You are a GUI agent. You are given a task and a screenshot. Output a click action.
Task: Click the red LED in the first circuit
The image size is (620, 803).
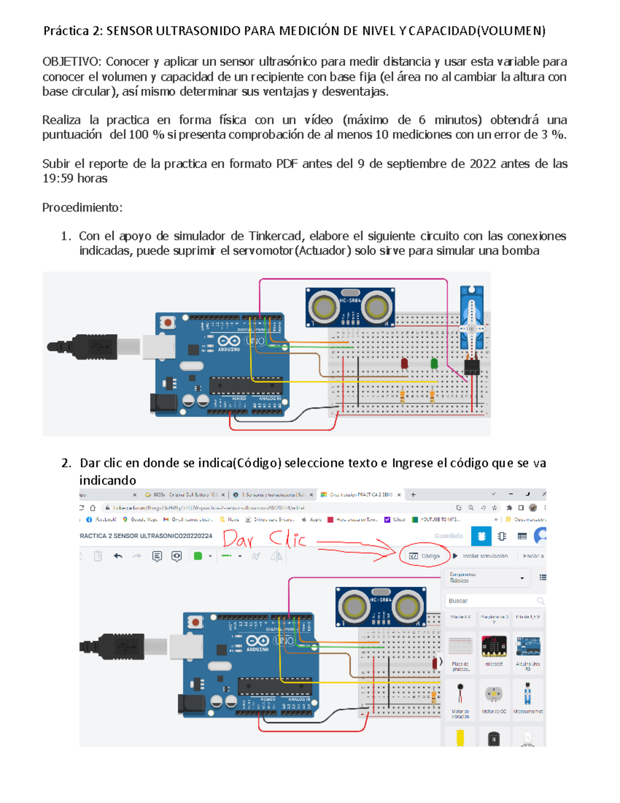pos(405,364)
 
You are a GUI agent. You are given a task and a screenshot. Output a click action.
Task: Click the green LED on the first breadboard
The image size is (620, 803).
pos(435,364)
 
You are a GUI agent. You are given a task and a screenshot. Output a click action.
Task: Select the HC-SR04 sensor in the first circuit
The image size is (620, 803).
pos(350,308)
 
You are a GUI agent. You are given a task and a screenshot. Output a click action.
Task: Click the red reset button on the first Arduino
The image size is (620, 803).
pos(167,323)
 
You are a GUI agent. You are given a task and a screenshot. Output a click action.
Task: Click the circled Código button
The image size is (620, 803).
pos(425,556)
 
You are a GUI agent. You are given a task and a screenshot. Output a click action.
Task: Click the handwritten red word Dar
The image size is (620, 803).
pos(238,540)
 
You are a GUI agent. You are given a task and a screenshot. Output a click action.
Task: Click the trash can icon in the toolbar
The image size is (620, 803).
pos(98,556)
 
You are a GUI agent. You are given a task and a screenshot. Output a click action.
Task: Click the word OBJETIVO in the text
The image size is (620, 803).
pos(71,62)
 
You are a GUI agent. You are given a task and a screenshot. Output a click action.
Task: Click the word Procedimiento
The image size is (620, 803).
pos(82,208)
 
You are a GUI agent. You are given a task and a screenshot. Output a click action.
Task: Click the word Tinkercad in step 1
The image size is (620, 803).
pos(275,236)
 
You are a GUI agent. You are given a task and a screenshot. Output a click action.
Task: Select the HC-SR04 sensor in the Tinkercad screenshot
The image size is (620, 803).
pos(381,606)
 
